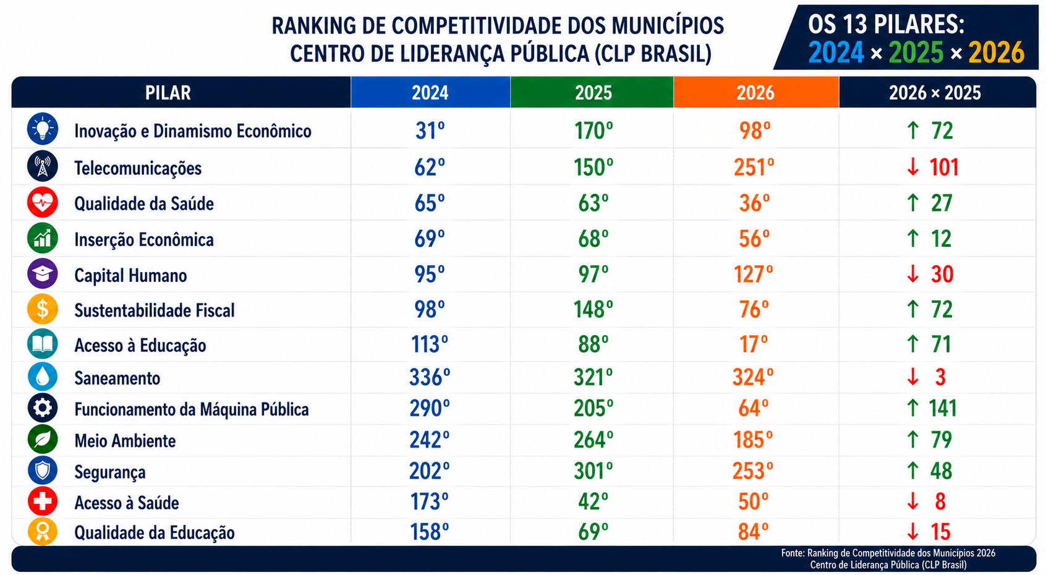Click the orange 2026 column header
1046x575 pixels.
pyautogui.click(x=756, y=93)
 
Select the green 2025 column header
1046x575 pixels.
pyautogui.click(x=592, y=93)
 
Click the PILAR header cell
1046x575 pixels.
pyautogui.click(x=181, y=93)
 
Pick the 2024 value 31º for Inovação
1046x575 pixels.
pyautogui.click(x=430, y=131)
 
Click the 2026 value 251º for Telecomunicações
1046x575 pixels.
pyautogui.click(x=754, y=167)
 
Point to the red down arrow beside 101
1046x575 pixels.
pyautogui.click(x=913, y=167)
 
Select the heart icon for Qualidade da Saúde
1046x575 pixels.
pyautogui.click(x=43, y=203)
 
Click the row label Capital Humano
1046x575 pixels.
pyautogui.click(x=131, y=276)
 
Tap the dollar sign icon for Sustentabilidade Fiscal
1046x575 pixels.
pyautogui.click(x=43, y=309)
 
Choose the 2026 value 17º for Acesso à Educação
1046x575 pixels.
pyautogui.click(x=754, y=344)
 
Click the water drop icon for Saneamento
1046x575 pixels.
pyautogui.click(x=43, y=377)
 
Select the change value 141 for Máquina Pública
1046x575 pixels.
pyautogui.click(x=943, y=408)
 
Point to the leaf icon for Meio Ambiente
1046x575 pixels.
pyautogui.click(x=43, y=440)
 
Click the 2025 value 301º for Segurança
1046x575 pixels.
pyautogui.click(x=593, y=471)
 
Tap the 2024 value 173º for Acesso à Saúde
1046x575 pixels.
pyautogui.click(x=429, y=502)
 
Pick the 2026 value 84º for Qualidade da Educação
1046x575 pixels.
pyautogui.click(x=753, y=532)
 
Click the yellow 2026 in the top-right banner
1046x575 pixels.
pyautogui.click(x=997, y=53)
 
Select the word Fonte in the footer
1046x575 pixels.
pyautogui.click(x=793, y=553)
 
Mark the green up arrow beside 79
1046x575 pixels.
pyautogui.click(x=913, y=440)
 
